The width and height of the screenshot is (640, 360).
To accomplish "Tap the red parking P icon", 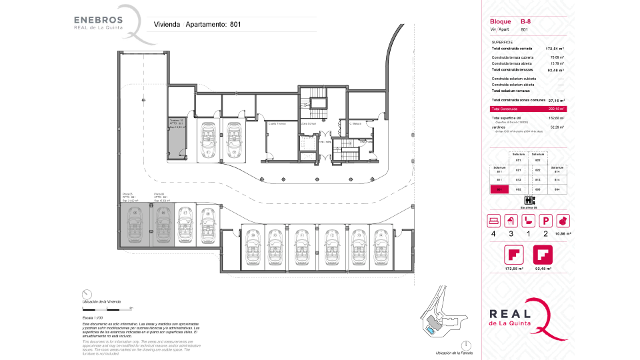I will click(545, 220).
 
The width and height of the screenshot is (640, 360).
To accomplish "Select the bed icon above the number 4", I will click(493, 220).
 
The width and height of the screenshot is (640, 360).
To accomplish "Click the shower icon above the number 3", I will click(511, 220).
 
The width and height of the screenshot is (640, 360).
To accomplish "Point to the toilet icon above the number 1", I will click(528, 220).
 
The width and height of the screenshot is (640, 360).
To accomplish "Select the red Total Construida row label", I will click(505, 109).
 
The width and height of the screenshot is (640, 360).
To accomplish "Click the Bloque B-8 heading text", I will click(511, 22).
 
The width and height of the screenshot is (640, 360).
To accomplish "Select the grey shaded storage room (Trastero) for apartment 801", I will click(175, 137).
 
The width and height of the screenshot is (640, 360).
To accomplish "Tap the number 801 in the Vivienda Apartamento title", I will click(235, 24).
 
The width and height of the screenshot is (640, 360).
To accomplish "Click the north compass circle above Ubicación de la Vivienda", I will click(86, 294).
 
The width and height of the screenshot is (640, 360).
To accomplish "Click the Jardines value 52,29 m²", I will click(557, 127).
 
